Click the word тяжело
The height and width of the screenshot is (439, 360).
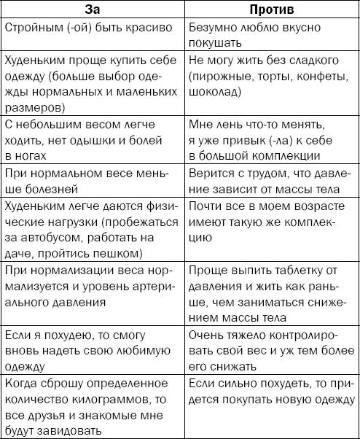[x=246, y=335]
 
